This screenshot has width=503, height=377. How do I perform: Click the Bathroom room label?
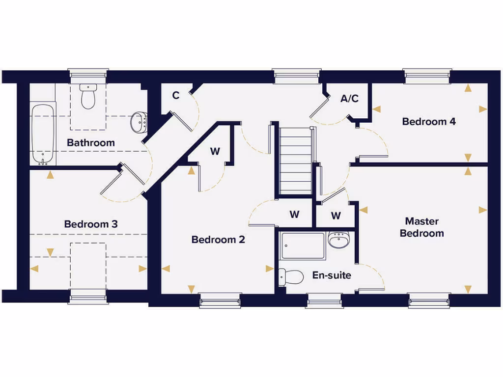91,143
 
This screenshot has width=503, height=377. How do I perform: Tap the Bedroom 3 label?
91,224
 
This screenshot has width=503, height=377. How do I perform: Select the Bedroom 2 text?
218,240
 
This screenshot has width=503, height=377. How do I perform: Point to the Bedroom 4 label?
429,121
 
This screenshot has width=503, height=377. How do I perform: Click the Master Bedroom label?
422,227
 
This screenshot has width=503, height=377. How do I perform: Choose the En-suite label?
332,275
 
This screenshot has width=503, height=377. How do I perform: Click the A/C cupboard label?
349,99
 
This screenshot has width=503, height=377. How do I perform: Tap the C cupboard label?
175,96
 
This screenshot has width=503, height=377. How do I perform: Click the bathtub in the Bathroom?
43,134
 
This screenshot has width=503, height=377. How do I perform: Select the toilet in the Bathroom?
88,96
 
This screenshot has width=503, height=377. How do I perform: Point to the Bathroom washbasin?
139,122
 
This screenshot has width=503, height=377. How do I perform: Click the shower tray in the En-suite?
303,246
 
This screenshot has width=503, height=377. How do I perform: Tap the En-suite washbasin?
338,240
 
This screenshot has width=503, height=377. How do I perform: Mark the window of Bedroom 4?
427,75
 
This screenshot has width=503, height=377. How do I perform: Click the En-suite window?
324,300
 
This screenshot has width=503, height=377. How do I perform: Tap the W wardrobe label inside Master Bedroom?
336,215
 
